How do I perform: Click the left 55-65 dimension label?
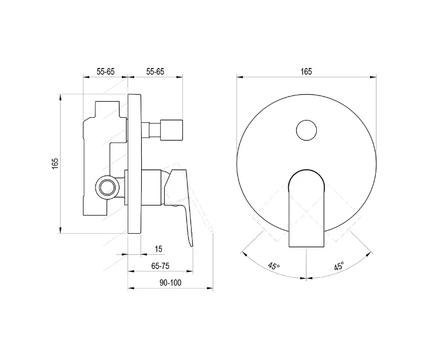(x=105, y=71)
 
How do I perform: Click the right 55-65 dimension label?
(x=155, y=71)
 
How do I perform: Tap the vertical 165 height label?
(x=55, y=163)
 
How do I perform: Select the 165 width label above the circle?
(x=306, y=71)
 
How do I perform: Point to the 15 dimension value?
(x=158, y=249)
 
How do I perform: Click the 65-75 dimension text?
(x=161, y=266)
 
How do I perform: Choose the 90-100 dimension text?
(x=170, y=282)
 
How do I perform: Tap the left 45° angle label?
(x=274, y=266)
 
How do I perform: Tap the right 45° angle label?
(x=339, y=266)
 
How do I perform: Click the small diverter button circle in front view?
(x=306, y=130)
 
